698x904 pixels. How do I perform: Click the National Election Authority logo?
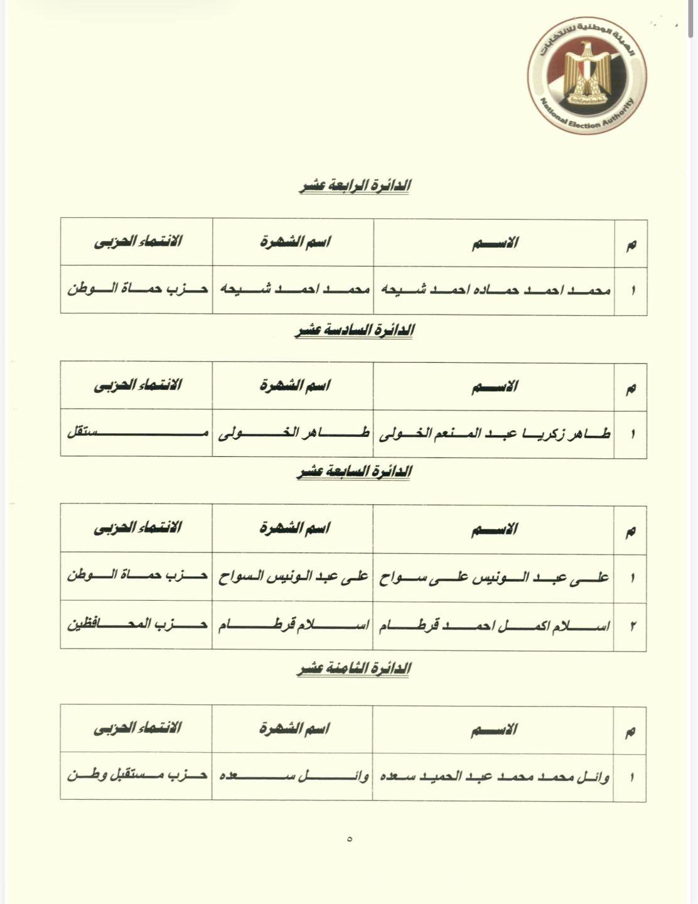pos(587,78)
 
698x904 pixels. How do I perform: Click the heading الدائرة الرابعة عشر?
pos(355,186)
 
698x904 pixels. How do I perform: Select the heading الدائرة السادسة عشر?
pos(355,330)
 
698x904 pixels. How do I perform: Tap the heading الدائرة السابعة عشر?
pos(355,471)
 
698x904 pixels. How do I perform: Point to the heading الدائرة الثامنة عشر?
pos(355,669)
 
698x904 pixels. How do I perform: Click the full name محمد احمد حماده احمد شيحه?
pos(494,290)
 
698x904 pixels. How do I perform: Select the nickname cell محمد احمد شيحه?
pos(293,290)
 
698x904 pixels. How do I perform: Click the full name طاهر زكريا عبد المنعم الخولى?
pos(494,434)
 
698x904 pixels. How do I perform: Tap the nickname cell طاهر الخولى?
pos(293,434)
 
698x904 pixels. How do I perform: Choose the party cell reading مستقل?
pos(137,434)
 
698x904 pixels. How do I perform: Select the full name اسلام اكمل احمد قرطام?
pos(494,626)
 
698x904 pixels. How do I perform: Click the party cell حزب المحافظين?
pos(137,626)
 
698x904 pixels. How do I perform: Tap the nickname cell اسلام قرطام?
pos(293,626)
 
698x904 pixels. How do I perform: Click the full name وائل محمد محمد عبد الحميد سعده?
pos(494,777)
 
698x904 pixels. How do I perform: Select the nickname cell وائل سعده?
pos(293,777)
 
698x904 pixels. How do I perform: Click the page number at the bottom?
pos(350,839)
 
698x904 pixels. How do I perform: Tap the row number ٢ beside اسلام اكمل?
pos(632,627)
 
